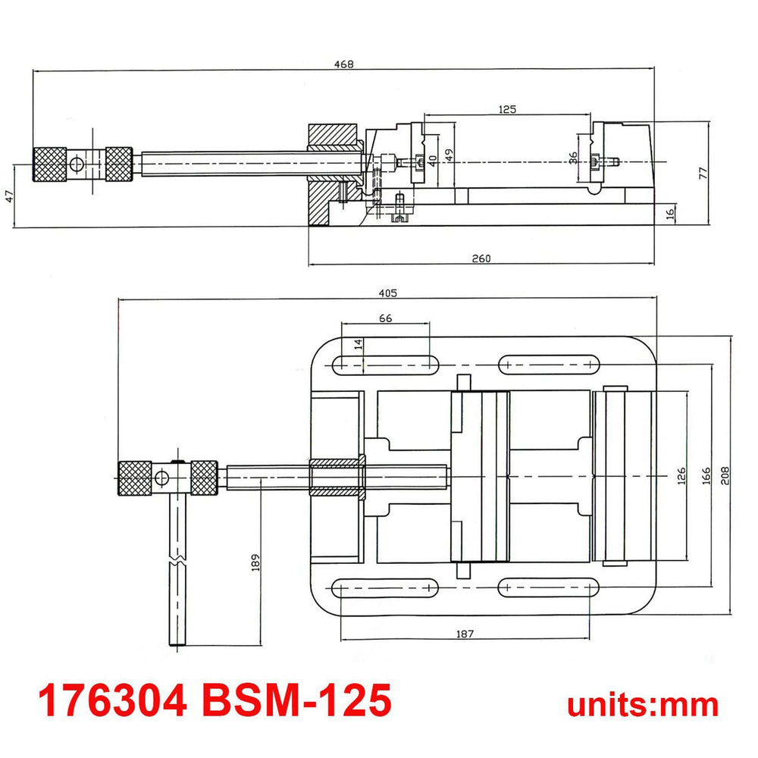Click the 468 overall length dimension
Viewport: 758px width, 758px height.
[x=343, y=64]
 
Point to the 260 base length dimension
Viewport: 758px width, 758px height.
[x=481, y=258]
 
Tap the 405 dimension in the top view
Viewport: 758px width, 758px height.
[x=387, y=293]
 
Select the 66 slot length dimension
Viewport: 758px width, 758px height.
[x=385, y=318]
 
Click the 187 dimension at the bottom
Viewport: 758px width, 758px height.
[x=465, y=633]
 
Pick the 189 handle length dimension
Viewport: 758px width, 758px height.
[x=255, y=562]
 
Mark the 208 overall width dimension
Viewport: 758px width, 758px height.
[x=725, y=476]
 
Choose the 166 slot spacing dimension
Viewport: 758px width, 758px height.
[x=706, y=476]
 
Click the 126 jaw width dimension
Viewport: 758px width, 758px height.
[x=681, y=476]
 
